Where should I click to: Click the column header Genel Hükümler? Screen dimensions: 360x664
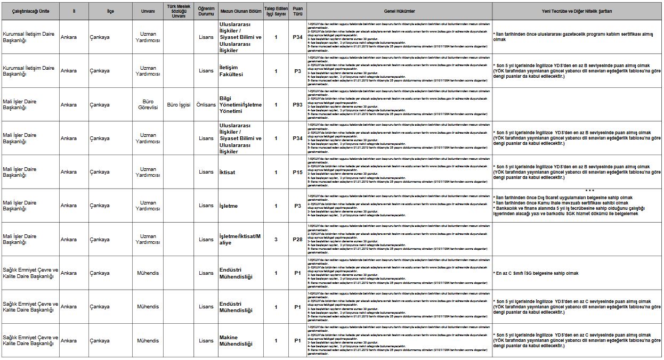pyautogui.click(x=399, y=11)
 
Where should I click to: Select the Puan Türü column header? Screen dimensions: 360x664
pyautogui.click(x=297, y=11)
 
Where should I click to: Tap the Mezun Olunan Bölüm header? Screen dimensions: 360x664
pyautogui.click(x=241, y=11)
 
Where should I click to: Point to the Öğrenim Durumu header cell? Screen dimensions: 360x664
pyautogui.click(x=206, y=11)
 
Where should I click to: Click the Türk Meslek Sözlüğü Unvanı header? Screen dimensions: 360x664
pyautogui.click(x=178, y=11)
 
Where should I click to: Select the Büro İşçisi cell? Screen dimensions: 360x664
pyautogui.click(x=178, y=105)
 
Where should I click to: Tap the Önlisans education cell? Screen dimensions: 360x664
pyautogui.click(x=206, y=105)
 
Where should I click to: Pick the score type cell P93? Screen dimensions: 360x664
pyautogui.click(x=297, y=105)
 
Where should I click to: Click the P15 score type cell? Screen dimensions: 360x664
pyautogui.click(x=297, y=172)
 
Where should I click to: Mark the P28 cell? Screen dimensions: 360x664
pyautogui.click(x=297, y=240)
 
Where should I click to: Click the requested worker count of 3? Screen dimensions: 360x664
pyautogui.click(x=276, y=240)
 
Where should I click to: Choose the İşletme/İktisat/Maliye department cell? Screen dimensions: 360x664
pyautogui.click(x=240, y=240)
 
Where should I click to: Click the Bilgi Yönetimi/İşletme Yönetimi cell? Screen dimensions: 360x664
pyautogui.click(x=240, y=104)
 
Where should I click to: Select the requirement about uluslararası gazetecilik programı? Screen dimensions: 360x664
pyautogui.click(x=573, y=37)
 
